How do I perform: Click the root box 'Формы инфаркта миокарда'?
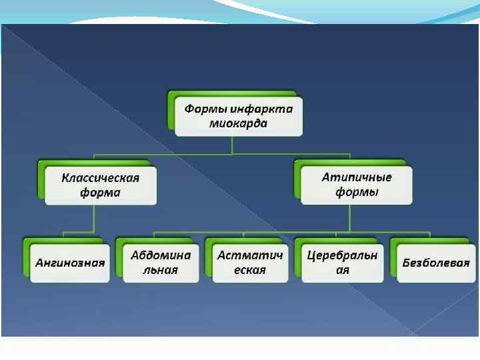coord(239,116)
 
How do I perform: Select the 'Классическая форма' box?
coord(100,185)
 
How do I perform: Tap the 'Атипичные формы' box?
coord(356,185)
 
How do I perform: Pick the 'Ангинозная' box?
coord(69,263)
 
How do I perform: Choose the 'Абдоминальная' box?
coord(161,263)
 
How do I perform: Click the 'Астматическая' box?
coord(250,263)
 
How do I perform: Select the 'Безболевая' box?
coord(436,263)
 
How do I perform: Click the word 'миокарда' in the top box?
coord(238,124)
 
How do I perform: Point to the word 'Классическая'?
coord(100,178)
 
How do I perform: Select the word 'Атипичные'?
coord(357,178)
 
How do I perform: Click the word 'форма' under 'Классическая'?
coord(100,193)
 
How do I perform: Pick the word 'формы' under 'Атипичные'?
coord(357,193)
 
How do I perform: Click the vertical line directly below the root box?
coord(231,145)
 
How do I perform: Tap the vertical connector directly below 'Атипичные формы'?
coord(349,218)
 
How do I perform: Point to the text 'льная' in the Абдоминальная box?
coord(161,271)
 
